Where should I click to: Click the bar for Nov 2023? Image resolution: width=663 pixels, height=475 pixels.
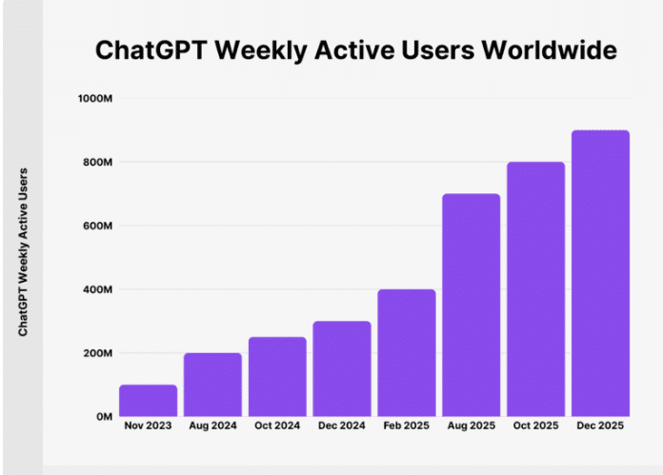(148, 401)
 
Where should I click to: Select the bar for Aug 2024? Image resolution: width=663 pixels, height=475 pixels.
(212, 385)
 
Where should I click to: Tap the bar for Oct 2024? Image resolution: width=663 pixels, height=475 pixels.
(277, 377)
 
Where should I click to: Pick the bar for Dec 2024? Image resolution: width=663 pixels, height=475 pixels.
(342, 368)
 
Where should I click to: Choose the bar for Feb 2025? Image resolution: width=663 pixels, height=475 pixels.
(407, 353)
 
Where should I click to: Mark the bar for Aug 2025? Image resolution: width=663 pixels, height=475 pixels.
(472, 306)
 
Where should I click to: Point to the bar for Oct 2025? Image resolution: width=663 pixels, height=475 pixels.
(536, 289)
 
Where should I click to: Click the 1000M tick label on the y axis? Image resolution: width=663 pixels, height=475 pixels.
(96, 99)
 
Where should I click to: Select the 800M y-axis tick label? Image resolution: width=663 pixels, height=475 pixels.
(99, 163)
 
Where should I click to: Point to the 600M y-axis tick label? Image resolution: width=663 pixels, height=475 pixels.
(99, 227)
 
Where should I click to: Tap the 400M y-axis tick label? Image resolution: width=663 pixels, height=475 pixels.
(99, 289)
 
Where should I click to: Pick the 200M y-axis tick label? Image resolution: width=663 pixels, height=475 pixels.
(99, 353)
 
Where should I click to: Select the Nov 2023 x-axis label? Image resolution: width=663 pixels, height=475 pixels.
(148, 426)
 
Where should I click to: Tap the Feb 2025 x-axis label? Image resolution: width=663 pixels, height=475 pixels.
(407, 426)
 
